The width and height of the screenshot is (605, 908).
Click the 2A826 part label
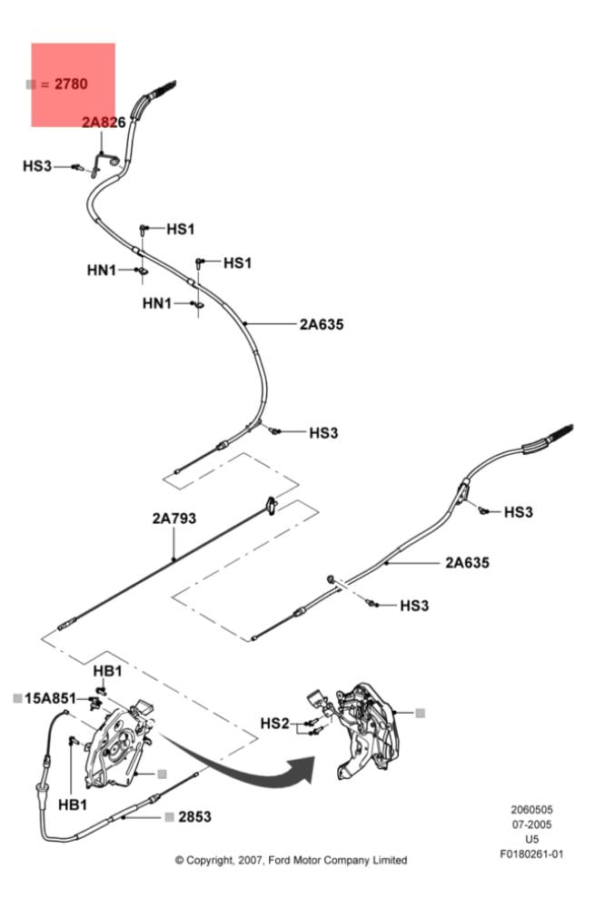103,122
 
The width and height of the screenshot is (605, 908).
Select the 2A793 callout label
174,519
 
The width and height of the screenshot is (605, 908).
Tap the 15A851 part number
50,698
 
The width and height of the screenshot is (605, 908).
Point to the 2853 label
193,816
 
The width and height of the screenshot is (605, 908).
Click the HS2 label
274,723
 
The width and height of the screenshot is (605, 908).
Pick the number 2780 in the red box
71,84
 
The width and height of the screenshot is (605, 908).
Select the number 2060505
531,810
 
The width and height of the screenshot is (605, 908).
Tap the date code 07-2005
531,824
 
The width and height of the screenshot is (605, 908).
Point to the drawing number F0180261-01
531,854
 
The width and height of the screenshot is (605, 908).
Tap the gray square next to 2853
169,816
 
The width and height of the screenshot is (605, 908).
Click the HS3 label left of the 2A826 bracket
37,166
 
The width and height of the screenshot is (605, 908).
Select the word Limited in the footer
388,860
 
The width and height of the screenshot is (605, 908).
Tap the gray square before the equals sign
31,84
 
